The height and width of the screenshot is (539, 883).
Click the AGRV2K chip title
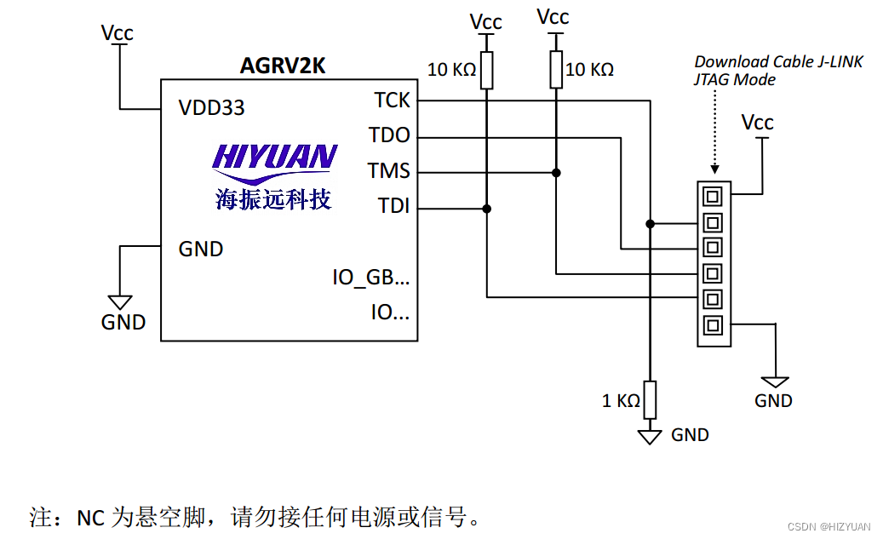coord(284,65)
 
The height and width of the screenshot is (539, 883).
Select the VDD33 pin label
coord(211,108)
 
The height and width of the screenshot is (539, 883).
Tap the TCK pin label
coord(392,100)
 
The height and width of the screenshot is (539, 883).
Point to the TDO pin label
coord(389,135)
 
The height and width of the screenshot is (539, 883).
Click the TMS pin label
coord(389,171)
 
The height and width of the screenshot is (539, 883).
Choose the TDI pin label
coord(393,206)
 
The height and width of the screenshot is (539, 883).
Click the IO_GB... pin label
coord(370,277)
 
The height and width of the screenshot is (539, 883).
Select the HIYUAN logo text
coord(274,157)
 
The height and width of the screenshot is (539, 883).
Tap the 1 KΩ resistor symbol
coord(650,399)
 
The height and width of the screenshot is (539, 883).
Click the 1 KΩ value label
coord(621,400)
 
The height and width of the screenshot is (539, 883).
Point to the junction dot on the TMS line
coord(556,172)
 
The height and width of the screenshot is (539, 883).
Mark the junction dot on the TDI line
coord(487,208)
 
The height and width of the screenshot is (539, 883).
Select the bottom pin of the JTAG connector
coord(712,324)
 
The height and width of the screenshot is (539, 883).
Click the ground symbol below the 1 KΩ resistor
coord(650,436)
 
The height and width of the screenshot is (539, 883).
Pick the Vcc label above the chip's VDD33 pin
coord(118,33)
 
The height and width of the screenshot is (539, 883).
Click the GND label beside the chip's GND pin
coord(201,249)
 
